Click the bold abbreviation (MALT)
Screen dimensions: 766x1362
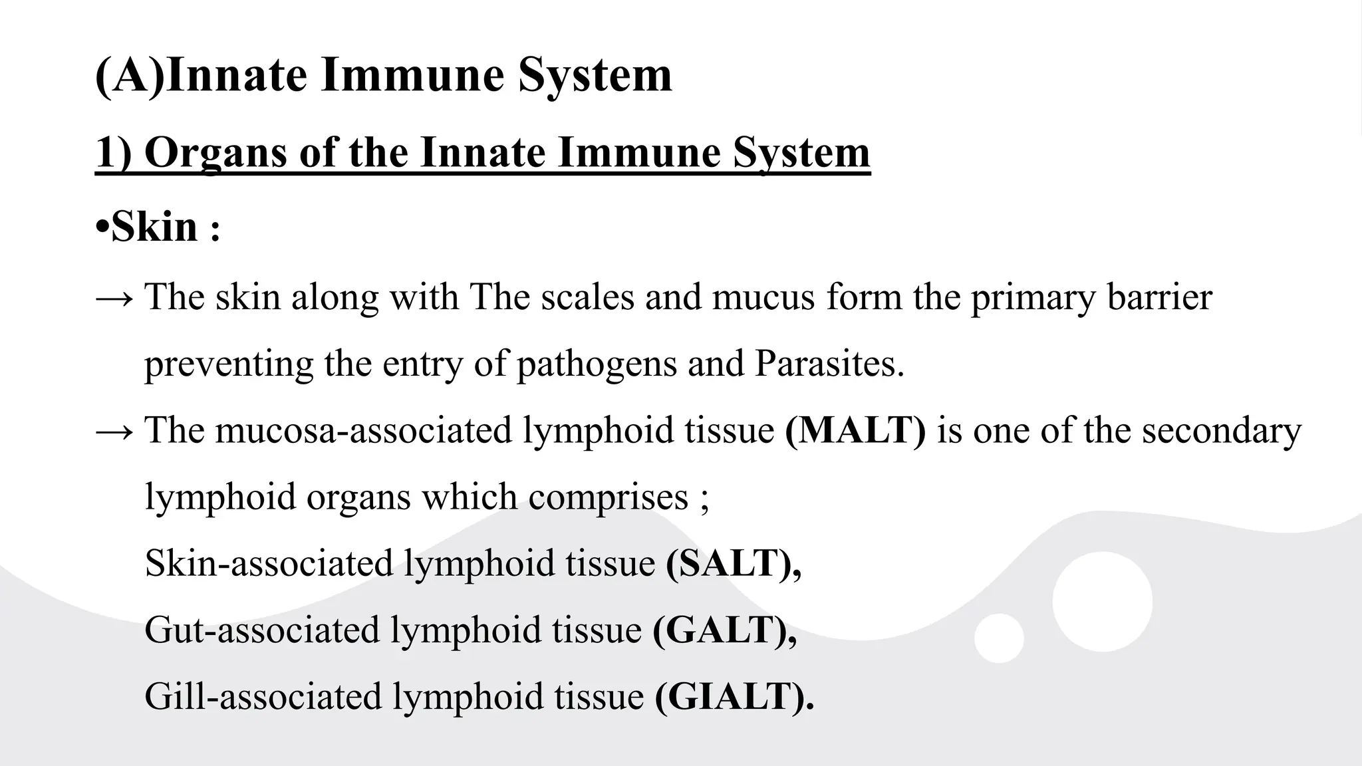tap(855, 430)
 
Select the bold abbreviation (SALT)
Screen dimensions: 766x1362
tap(733, 563)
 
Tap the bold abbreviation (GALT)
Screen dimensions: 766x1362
tap(724, 630)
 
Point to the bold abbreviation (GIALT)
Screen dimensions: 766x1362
tap(734, 696)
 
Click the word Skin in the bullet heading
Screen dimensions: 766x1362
tap(154, 227)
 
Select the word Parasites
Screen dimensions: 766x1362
tap(829, 364)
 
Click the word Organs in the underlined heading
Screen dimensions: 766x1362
tap(215, 152)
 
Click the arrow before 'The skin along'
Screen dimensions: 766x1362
tap(115, 297)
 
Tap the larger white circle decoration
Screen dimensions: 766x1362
tap(1102, 601)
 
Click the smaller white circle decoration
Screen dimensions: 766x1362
tap(999, 638)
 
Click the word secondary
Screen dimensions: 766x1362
tap(1222, 430)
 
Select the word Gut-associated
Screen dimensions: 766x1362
tap(261, 630)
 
